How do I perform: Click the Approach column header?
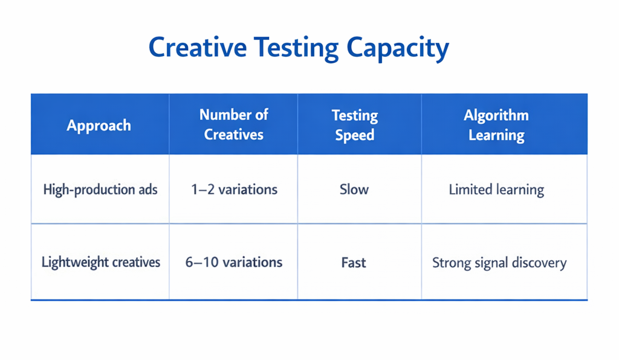(99, 126)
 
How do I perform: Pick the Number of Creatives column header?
(233, 124)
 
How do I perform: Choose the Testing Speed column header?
(354, 125)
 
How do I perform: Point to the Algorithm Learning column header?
(496, 125)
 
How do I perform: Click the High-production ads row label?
(100, 190)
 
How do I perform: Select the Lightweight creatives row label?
(101, 262)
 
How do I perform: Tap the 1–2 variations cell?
(234, 190)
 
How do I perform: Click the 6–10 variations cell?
(234, 262)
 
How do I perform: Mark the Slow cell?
(354, 190)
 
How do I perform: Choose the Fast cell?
(354, 262)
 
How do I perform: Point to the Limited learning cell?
(496, 190)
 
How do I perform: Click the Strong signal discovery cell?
(499, 263)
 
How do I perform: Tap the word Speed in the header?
(354, 135)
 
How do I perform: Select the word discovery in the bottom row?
(537, 263)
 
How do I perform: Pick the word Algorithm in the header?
(496, 115)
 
